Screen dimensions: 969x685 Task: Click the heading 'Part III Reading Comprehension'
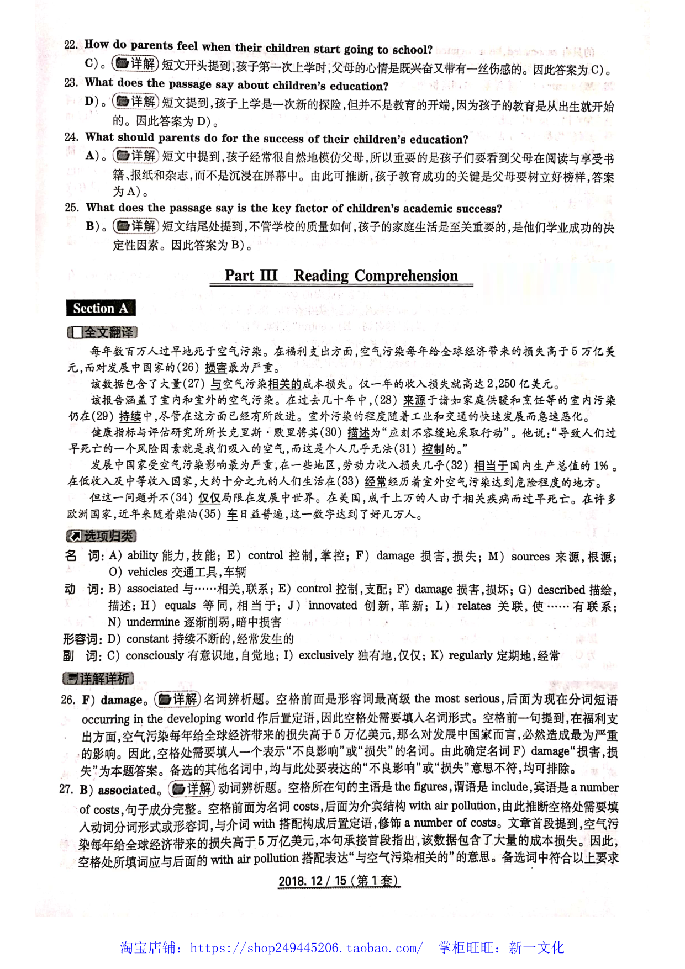(x=341, y=276)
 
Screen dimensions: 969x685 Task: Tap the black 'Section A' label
(x=101, y=308)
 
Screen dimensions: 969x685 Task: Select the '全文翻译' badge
(x=102, y=332)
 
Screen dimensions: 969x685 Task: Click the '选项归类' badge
(x=101, y=536)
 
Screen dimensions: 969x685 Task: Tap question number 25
(x=72, y=208)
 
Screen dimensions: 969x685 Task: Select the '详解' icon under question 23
(x=136, y=102)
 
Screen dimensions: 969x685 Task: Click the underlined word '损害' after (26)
(x=216, y=368)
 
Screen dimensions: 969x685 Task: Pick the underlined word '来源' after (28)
(x=414, y=400)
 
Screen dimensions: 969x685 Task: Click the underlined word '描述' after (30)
(x=359, y=433)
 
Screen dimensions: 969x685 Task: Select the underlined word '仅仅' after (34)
(x=209, y=498)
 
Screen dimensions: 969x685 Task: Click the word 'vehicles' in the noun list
(x=147, y=572)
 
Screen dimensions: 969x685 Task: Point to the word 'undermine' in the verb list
(x=152, y=622)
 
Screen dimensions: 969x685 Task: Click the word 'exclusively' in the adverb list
(x=326, y=655)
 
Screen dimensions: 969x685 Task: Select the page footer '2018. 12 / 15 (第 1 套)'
(x=339, y=881)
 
